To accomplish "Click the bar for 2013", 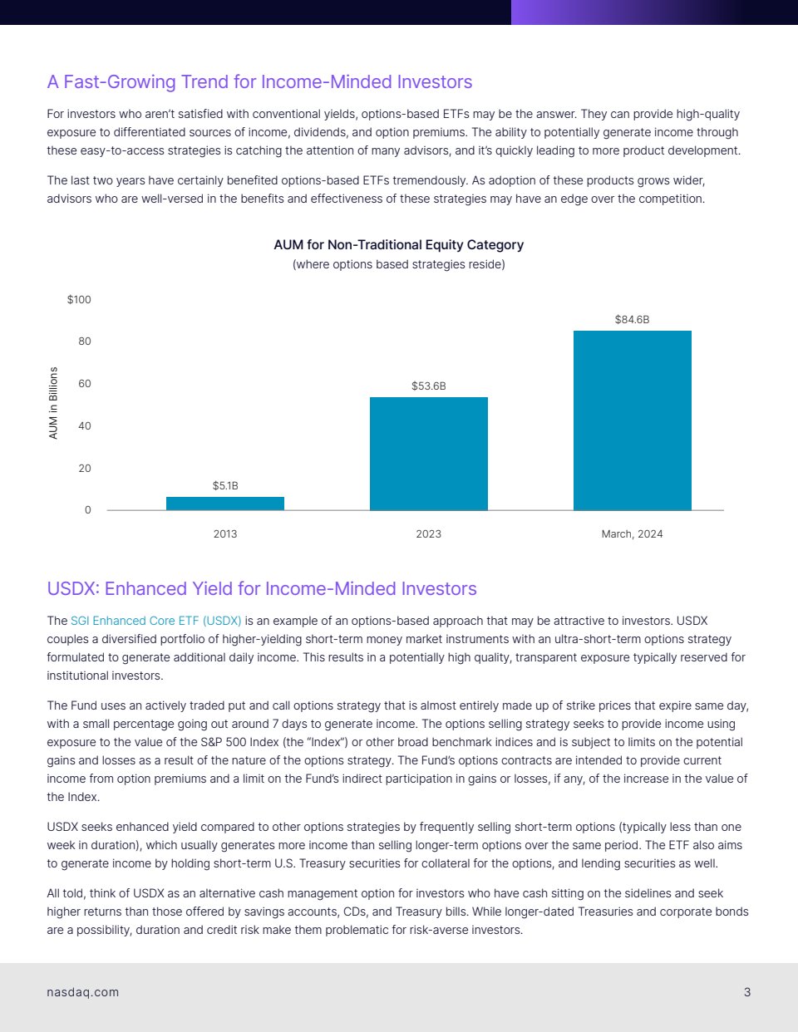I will tap(225, 504).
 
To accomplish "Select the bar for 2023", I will tap(429, 454).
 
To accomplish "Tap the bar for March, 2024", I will tap(632, 420).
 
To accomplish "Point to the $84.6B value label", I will tap(632, 319).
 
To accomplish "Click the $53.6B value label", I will tap(429, 386).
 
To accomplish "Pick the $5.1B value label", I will tap(225, 485).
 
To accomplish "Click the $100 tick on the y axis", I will tap(79, 299).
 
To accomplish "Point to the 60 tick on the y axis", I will tap(85, 384).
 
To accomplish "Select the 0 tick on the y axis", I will tap(88, 510).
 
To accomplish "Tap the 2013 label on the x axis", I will tap(225, 533).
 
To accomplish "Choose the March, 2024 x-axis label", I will tap(632, 533).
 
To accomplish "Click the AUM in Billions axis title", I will tap(54, 403).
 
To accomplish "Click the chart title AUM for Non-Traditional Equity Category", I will tap(399, 244).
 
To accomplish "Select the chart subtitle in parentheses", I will tap(399, 264).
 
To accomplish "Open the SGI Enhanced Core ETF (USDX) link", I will tap(156, 621).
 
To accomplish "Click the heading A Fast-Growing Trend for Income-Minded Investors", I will tap(259, 81).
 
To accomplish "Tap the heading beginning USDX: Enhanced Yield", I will tap(262, 588).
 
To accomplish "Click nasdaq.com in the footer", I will tap(83, 992).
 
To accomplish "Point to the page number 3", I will tap(747, 992).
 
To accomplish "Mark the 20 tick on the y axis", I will tap(85, 469).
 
